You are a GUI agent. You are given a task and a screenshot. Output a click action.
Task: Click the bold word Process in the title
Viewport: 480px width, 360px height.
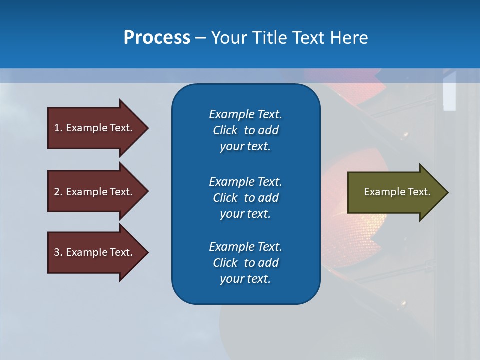tap(157, 38)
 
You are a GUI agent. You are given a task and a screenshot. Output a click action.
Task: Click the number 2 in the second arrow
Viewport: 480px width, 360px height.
tap(57, 192)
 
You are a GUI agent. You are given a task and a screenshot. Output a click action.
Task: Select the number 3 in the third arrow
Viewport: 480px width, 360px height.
tap(57, 252)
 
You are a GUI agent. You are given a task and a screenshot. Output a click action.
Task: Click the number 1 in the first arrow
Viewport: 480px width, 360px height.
tap(57, 128)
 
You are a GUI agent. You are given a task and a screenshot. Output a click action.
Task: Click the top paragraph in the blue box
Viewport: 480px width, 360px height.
tap(245, 130)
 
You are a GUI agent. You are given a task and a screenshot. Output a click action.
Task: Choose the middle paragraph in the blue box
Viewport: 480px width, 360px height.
tap(245, 197)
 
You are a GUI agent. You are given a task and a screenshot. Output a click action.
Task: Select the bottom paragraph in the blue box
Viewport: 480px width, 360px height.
tap(245, 263)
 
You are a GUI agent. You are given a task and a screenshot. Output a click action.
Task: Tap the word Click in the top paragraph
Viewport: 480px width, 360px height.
tap(225, 130)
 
